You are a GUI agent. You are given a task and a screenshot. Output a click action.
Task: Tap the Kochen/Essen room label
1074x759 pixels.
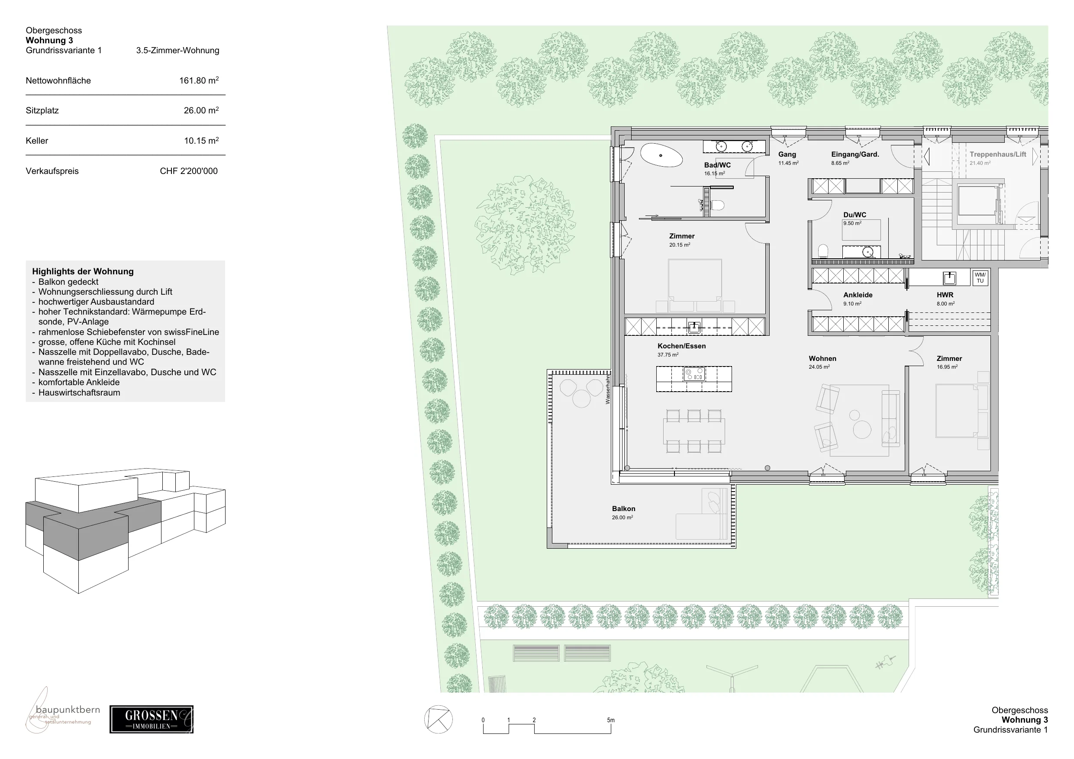tap(681, 346)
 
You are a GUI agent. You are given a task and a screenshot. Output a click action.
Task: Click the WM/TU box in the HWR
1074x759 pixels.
tap(980, 278)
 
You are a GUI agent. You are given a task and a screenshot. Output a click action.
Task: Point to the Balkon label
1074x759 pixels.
tap(623, 509)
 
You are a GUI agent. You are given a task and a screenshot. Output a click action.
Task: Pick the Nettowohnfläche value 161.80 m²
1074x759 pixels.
tap(199, 80)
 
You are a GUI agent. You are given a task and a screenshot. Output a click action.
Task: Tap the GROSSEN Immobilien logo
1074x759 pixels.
tap(152, 719)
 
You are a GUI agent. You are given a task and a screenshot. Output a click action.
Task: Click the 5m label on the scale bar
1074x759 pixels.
tap(611, 720)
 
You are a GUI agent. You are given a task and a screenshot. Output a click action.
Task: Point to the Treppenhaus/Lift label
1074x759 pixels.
tap(998, 154)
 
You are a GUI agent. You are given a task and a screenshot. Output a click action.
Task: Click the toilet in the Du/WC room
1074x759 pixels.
tap(824, 251)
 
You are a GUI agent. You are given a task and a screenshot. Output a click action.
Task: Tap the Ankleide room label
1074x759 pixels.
tap(858, 295)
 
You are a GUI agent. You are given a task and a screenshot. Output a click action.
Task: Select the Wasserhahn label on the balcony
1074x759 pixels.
tap(608, 389)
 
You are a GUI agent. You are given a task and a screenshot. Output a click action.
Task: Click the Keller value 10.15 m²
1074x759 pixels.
tap(201, 141)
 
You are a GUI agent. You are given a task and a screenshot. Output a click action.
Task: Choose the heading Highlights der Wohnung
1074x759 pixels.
tap(83, 272)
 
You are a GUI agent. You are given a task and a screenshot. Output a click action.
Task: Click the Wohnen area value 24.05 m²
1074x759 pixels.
tap(819, 367)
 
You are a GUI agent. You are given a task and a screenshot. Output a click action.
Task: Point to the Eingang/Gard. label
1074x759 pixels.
tap(855, 154)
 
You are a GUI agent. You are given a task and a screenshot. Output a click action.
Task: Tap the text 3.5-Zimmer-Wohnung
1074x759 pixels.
tap(178, 51)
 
